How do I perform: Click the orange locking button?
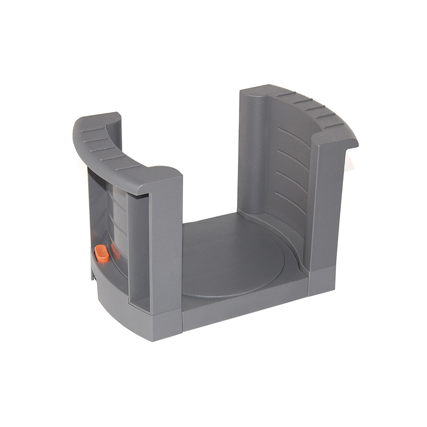101,254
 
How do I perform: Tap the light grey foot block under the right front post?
321,281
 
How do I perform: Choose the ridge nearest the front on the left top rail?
128,167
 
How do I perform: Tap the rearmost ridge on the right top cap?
286,94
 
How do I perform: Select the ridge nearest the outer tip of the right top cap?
334,125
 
